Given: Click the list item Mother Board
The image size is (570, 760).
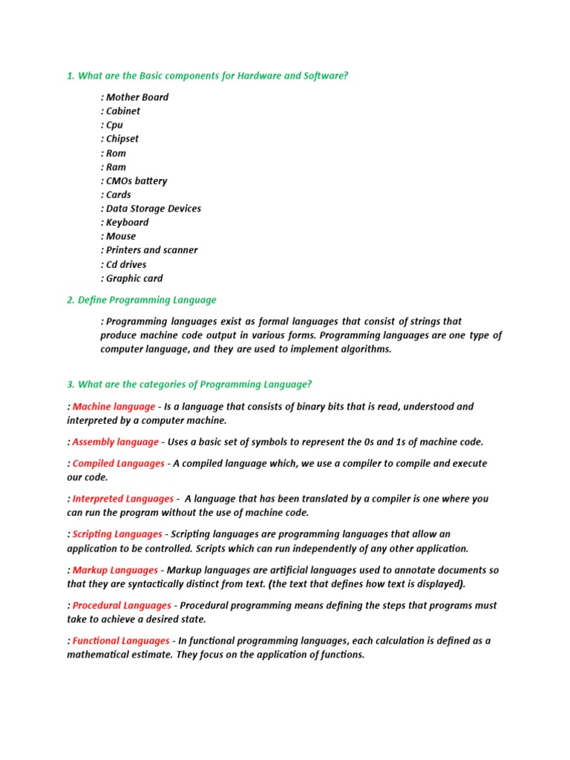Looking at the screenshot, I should (x=137, y=97).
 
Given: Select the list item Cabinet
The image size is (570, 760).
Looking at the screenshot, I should (x=122, y=111).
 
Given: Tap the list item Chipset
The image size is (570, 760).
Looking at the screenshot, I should (x=122, y=139).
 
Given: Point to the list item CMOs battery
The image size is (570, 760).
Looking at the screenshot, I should (x=136, y=181).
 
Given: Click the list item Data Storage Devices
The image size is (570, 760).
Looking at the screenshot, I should (x=153, y=209).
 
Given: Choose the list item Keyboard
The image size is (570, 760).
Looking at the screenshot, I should (x=127, y=223).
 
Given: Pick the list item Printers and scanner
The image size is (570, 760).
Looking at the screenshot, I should (x=151, y=250).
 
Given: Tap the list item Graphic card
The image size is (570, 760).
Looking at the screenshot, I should (x=134, y=278).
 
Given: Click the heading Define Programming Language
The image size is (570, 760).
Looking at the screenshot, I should (x=147, y=300).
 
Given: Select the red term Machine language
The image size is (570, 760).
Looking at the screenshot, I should (x=114, y=407).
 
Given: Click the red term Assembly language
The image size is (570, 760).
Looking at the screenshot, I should (x=115, y=442).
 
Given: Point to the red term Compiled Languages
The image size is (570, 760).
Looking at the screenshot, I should (x=118, y=463).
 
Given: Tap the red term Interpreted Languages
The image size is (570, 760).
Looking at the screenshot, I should (x=122, y=499).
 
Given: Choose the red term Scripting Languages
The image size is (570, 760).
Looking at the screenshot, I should (x=117, y=534).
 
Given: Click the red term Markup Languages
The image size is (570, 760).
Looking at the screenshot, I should (x=115, y=570).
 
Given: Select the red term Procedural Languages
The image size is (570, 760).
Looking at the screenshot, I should (x=122, y=606).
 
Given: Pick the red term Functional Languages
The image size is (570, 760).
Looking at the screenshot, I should (x=121, y=641).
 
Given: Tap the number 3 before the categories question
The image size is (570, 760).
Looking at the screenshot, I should (x=70, y=384).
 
